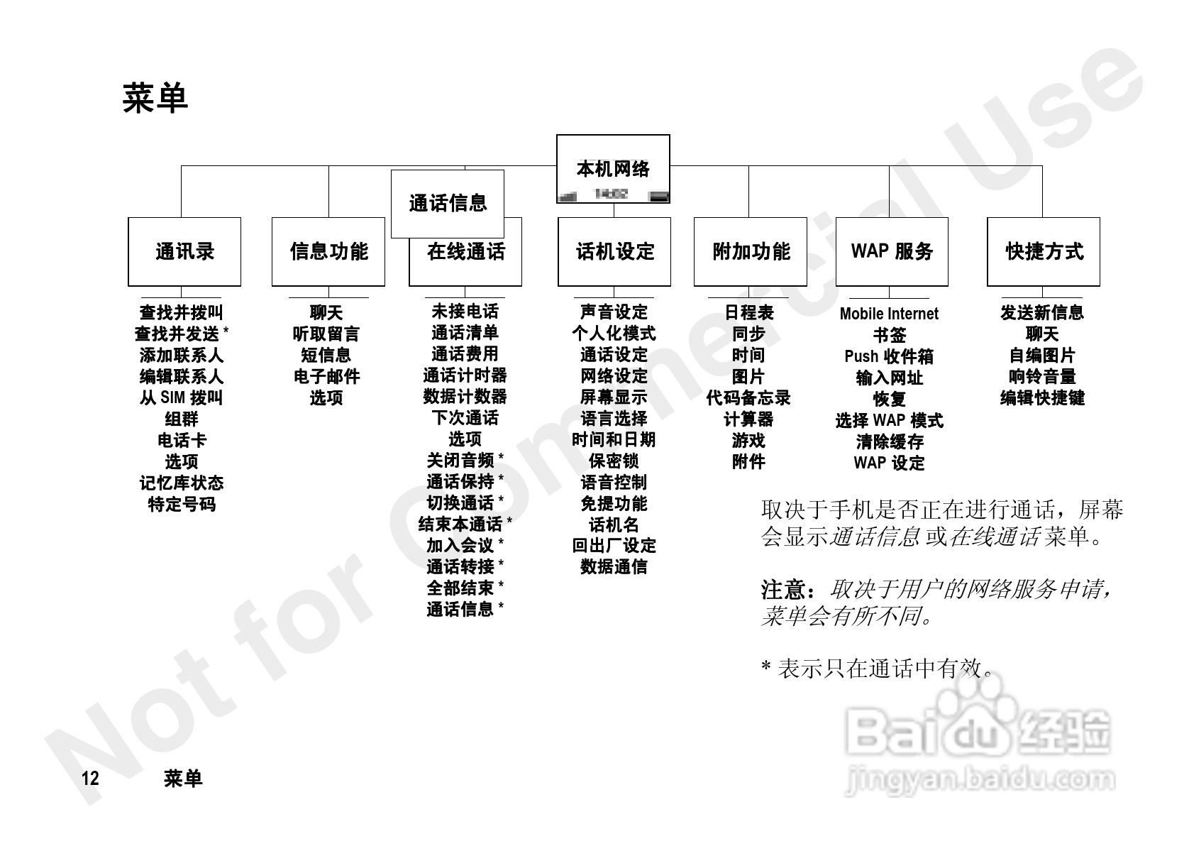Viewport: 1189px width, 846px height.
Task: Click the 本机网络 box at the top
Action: [x=613, y=169]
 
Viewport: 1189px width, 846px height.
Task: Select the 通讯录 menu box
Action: [x=184, y=251]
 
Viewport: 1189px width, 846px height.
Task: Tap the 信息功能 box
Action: [x=328, y=251]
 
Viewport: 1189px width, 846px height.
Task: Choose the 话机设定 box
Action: [x=614, y=251]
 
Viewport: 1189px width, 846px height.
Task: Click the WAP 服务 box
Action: [x=892, y=251]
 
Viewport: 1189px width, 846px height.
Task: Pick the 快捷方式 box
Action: [x=1044, y=251]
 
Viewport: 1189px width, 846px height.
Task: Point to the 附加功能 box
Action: [x=751, y=251]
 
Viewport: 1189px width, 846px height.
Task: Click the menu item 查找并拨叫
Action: [x=181, y=312]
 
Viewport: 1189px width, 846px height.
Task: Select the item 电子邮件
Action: [x=326, y=376]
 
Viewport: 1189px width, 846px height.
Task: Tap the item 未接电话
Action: [x=465, y=312]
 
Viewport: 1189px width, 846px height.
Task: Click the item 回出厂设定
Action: [x=614, y=546]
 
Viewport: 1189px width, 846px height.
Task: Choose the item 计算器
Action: [x=748, y=419]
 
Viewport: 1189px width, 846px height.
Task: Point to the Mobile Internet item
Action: [x=889, y=314]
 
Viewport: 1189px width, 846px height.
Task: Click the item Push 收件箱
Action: [x=889, y=356]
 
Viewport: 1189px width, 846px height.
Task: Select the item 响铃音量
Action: [x=1042, y=376]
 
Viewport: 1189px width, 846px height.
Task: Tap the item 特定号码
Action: [x=181, y=504]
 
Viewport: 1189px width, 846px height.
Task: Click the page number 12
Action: [x=90, y=779]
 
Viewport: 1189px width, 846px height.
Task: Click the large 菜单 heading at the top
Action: [x=155, y=98]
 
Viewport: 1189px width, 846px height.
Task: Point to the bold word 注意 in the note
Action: [x=783, y=589]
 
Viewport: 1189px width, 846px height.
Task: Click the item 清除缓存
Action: [x=889, y=441]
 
